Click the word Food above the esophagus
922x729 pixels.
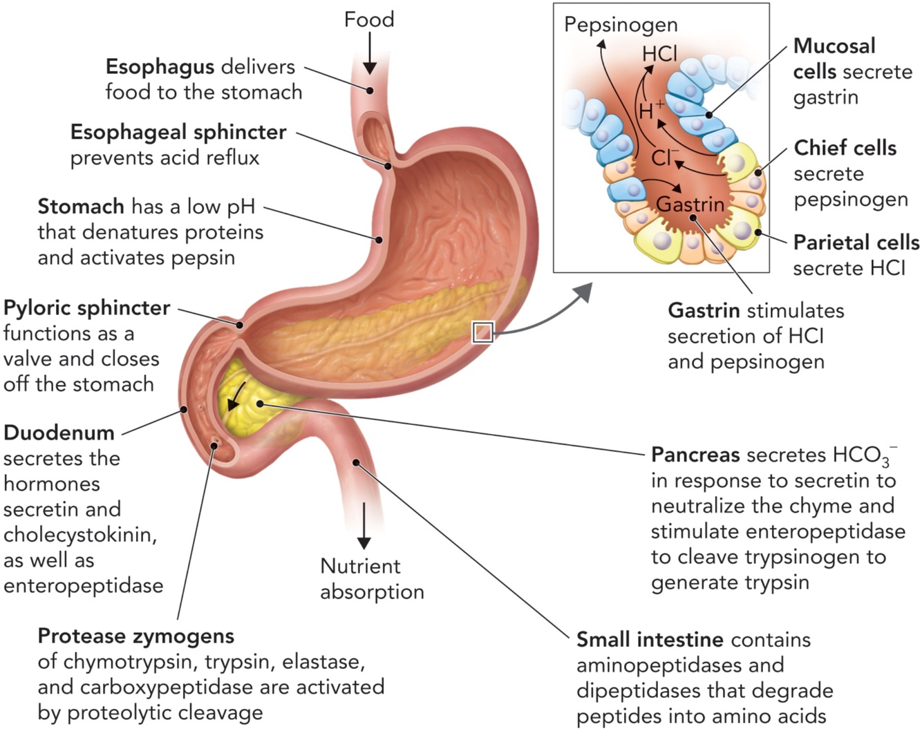pos(369,19)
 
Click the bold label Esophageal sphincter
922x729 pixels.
pos(178,132)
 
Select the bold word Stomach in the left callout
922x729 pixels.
pos(81,207)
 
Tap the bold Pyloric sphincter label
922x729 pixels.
pos(87,307)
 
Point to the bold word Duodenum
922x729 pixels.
pos(59,433)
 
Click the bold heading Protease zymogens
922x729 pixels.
pos(136,636)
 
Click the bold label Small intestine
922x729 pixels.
pos(650,640)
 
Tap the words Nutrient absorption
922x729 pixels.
pos(371,579)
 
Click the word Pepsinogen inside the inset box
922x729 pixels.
pos(621,26)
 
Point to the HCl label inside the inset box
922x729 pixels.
pos(659,54)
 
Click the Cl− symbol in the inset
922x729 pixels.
pos(664,158)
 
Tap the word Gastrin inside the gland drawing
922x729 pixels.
pos(690,205)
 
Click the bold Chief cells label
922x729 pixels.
pos(845,148)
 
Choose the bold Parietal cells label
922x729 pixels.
pos(856,243)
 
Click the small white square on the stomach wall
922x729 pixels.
pos(482,332)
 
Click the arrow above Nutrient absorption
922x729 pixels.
pos(364,526)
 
